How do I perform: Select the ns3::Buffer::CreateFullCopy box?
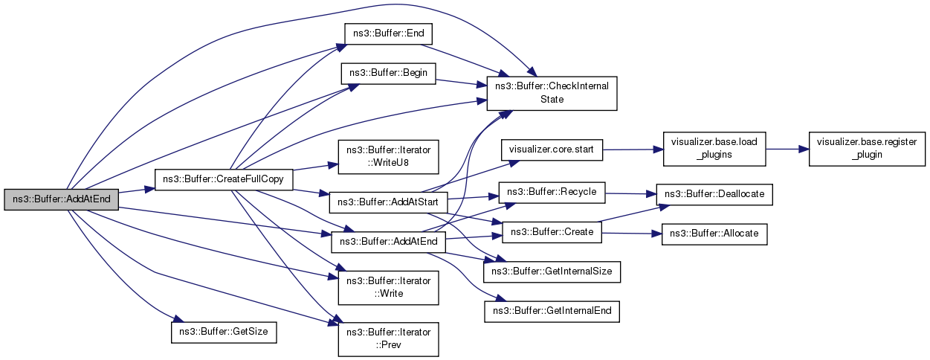222,180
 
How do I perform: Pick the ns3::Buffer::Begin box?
388,74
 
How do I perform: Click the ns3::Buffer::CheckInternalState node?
552,92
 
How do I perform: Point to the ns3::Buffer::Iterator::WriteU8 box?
388,156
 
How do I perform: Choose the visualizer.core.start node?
552,149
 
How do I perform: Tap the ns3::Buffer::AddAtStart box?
387,201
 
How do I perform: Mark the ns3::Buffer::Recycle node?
552,192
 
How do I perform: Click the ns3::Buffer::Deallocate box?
714,194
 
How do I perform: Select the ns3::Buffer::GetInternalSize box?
552,271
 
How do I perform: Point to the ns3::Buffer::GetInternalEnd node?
552,311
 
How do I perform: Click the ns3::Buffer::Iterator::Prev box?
388,338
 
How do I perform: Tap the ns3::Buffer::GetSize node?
224,332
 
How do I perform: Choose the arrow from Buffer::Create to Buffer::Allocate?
628,233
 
